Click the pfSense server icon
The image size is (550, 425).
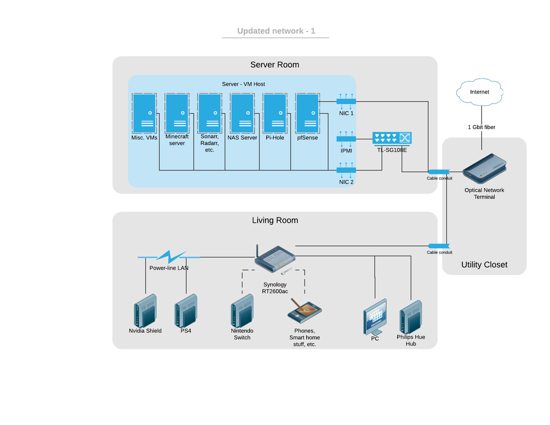(x=308, y=114)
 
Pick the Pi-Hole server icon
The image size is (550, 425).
(x=275, y=114)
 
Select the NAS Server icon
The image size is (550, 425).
(x=242, y=114)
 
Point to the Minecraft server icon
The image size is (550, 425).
(x=177, y=114)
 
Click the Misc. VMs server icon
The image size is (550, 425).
(x=145, y=114)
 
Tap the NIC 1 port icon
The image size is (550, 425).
(x=346, y=101)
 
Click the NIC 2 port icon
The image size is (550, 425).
(x=346, y=171)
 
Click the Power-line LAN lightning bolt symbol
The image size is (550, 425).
(x=169, y=257)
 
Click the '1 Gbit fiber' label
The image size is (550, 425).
(x=481, y=127)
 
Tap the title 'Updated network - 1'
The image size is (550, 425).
(x=276, y=31)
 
